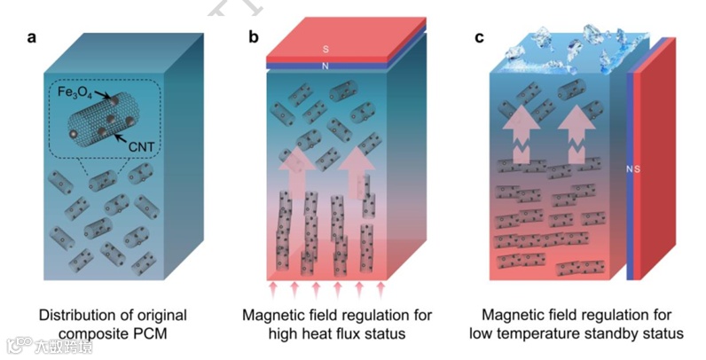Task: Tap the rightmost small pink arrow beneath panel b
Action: click(382, 288)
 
